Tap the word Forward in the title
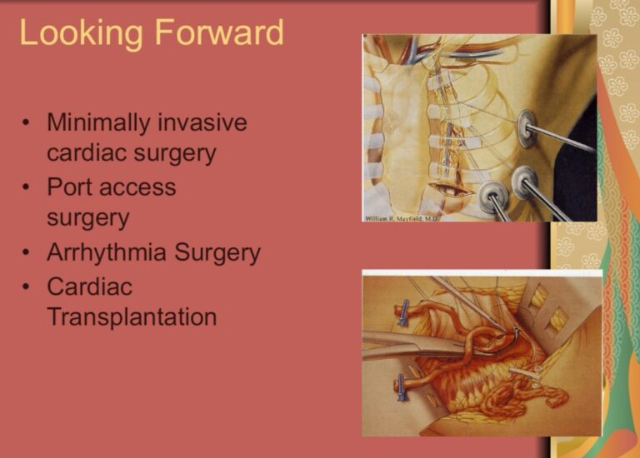[x=219, y=32]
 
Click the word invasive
[x=202, y=122]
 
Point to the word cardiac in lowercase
[x=87, y=153]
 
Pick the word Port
[x=70, y=187]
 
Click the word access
[x=137, y=188]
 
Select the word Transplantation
[x=132, y=317]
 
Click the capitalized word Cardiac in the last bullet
[x=90, y=286]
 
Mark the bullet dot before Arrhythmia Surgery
[x=26, y=253]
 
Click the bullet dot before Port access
[x=26, y=187]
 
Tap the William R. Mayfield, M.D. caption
[x=401, y=219]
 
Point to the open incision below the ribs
[x=449, y=190]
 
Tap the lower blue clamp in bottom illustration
[x=401, y=387]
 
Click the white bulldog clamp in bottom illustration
[x=527, y=373]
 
